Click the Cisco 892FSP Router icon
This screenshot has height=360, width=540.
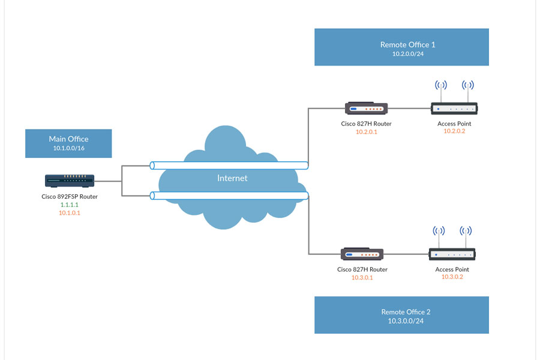(x=70, y=179)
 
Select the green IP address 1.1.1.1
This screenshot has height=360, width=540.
(x=70, y=205)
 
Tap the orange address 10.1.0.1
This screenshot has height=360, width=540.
(x=70, y=213)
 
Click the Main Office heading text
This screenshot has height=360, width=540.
(x=68, y=139)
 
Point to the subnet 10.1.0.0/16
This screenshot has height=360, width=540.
(x=68, y=148)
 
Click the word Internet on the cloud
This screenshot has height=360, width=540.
(x=232, y=178)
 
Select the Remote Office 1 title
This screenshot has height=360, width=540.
(x=407, y=44)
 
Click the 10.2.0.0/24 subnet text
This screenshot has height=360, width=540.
(x=407, y=53)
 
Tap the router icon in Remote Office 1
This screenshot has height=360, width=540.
(x=366, y=109)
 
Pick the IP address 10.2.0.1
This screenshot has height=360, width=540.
(x=366, y=132)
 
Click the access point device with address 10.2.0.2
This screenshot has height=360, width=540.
(x=454, y=109)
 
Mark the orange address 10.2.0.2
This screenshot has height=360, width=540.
(x=454, y=132)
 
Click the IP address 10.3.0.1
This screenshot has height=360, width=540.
(x=362, y=278)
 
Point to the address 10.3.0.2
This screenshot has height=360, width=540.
(x=452, y=277)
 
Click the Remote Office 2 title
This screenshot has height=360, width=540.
(x=406, y=312)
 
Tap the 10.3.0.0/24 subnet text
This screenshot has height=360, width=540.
(x=406, y=321)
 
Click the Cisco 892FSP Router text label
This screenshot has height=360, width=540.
(x=70, y=196)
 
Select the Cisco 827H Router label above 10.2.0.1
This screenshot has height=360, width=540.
(x=366, y=124)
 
